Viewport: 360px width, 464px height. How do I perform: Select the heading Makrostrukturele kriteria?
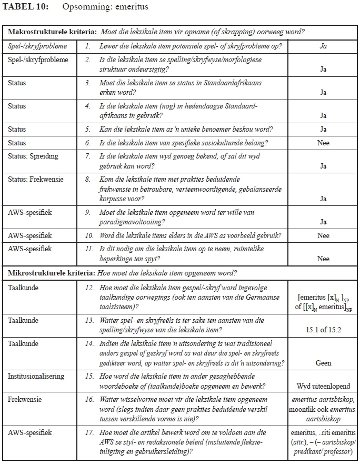(52, 32)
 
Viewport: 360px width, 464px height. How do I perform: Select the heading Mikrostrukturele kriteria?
(51, 273)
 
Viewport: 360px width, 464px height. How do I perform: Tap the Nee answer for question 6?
(323, 143)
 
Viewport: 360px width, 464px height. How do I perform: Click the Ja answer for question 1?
(323, 46)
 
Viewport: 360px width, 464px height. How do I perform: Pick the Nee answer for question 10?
(323, 235)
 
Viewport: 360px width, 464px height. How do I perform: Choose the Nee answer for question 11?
(323, 259)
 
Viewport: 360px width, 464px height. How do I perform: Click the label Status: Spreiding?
(33, 156)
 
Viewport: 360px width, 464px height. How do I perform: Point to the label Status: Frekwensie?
(35, 180)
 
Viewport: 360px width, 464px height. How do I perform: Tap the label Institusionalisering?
(36, 376)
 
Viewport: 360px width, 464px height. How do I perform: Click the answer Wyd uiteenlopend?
(323, 386)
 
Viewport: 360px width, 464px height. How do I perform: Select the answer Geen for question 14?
(323, 363)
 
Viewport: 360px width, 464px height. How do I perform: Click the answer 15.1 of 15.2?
(323, 330)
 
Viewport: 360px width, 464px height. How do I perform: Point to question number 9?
(88, 212)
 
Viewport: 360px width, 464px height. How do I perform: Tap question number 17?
(89, 433)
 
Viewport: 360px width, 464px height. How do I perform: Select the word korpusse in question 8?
(113, 199)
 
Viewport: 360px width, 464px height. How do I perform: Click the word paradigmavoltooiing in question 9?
(129, 222)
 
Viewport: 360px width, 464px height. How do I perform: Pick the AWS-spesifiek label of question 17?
(30, 433)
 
